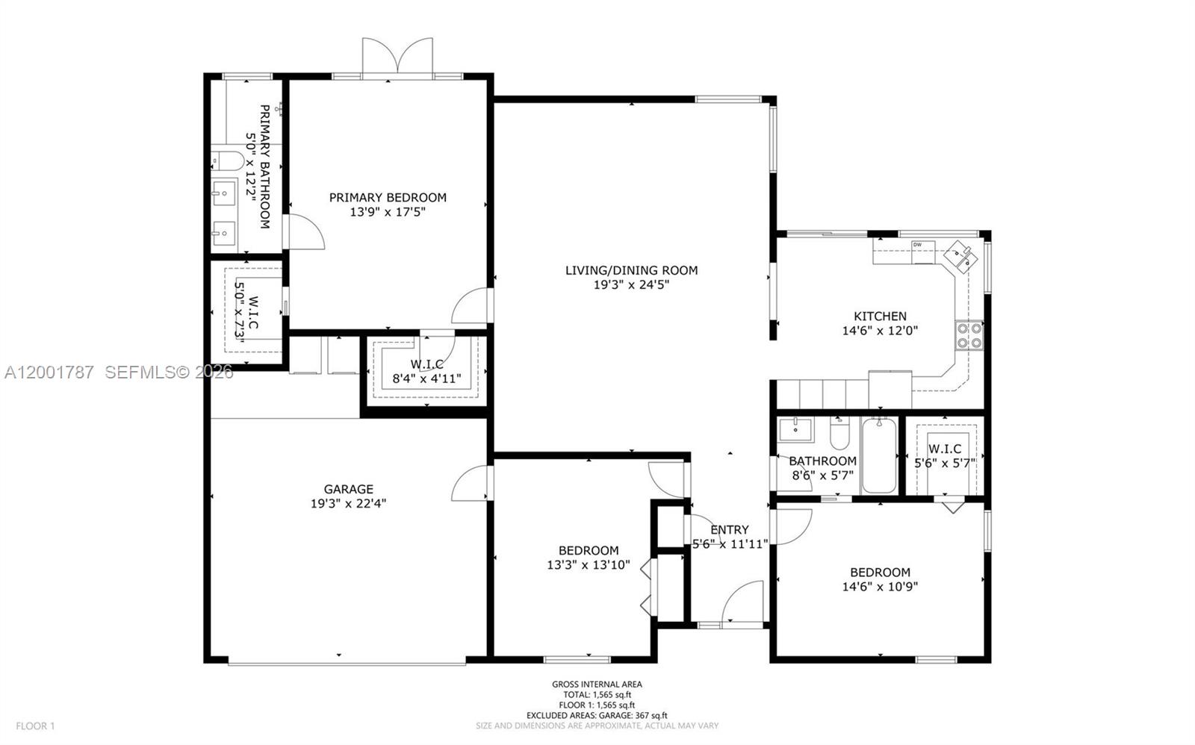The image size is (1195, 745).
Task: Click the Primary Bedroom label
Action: (x=388, y=197)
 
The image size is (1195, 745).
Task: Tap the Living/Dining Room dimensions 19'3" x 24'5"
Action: (x=631, y=284)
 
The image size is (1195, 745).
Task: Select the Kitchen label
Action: (x=880, y=316)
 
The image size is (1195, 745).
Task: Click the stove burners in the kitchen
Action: (x=969, y=335)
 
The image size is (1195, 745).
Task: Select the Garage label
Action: (x=348, y=490)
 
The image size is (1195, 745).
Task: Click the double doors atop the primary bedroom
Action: (x=397, y=57)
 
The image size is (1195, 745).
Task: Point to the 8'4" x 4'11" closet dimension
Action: (x=426, y=378)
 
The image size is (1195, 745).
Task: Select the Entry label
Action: (x=729, y=530)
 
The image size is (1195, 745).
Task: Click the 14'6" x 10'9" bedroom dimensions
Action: (x=880, y=587)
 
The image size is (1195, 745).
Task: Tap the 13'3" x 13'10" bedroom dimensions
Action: (x=588, y=565)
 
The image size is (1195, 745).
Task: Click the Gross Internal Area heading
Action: (x=597, y=684)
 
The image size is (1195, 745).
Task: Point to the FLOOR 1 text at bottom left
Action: (x=35, y=726)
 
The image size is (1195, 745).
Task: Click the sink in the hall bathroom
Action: (x=796, y=429)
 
